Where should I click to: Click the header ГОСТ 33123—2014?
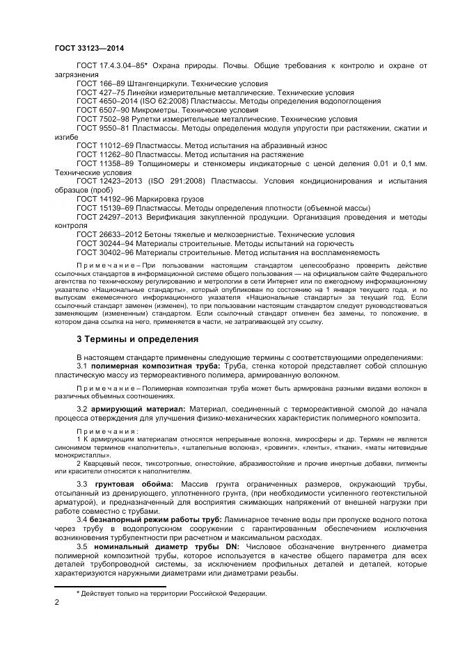(84, 49)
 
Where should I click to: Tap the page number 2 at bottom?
(57, 602)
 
